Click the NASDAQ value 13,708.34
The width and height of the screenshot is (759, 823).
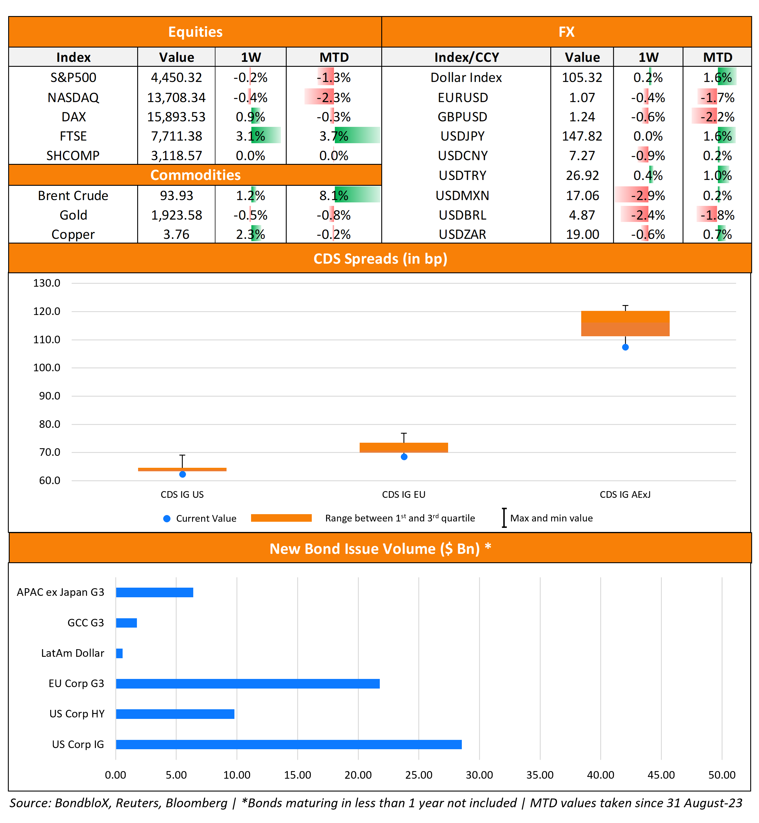click(x=176, y=98)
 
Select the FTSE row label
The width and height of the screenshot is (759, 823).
click(x=73, y=136)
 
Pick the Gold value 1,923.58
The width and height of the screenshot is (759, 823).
click(x=176, y=215)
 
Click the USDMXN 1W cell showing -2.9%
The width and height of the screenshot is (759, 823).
click(x=648, y=196)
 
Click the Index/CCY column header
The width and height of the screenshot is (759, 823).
click(x=466, y=57)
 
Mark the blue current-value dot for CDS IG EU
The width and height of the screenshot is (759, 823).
click(x=404, y=457)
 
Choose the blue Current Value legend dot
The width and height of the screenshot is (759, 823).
click(x=167, y=519)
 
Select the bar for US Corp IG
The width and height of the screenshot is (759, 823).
click(x=288, y=745)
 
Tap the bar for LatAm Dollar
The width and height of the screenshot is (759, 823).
click(x=119, y=653)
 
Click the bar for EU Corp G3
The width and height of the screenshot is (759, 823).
click(x=248, y=684)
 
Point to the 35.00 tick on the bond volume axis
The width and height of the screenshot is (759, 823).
click(x=540, y=775)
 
